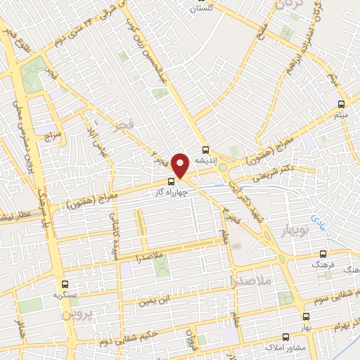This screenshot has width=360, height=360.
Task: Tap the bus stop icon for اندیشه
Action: [x=205, y=149]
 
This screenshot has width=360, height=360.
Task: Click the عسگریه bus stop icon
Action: [x=65, y=284]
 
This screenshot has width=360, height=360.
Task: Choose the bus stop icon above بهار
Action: [x=305, y=317]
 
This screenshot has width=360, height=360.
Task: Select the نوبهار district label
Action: [x=297, y=231]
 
